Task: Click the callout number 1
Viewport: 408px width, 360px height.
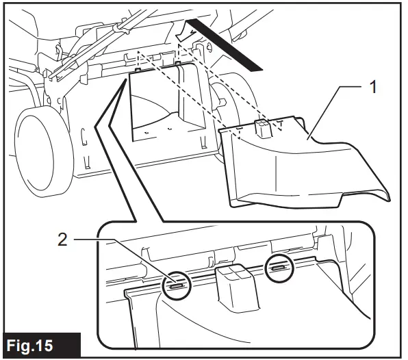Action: coord(373,88)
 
